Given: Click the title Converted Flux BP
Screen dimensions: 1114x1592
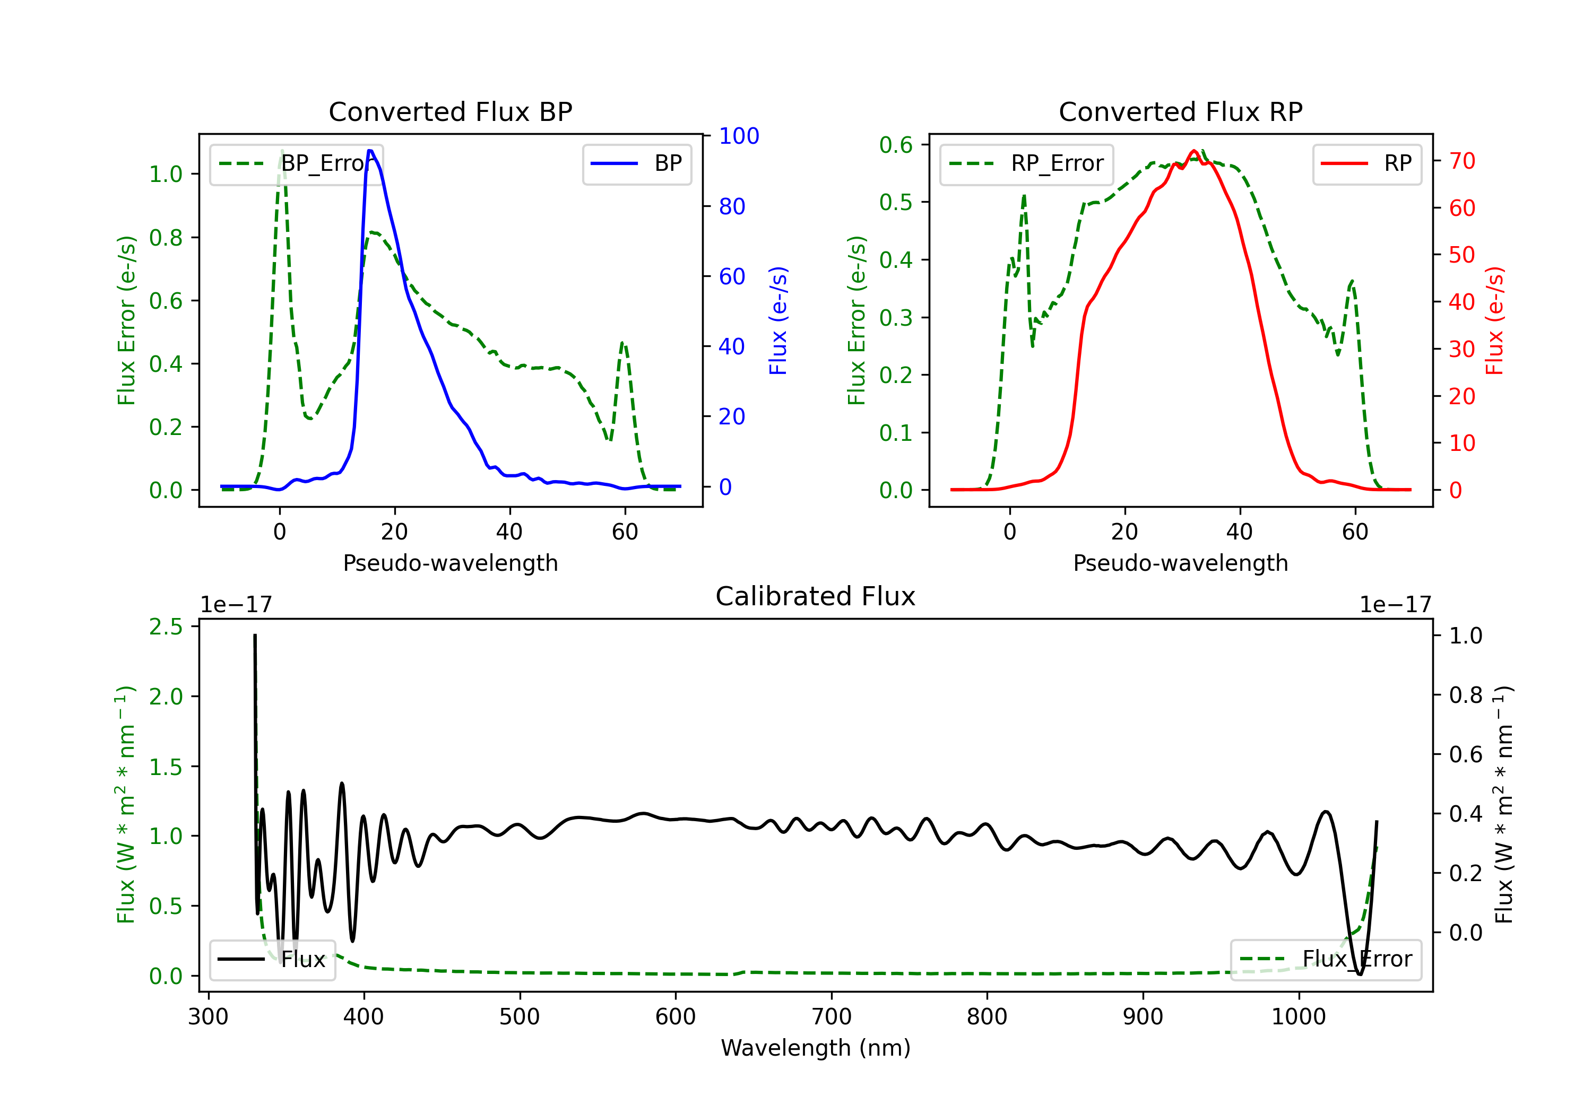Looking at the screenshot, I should tap(450, 111).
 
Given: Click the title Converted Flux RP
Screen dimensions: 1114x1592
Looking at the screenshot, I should tap(1180, 111).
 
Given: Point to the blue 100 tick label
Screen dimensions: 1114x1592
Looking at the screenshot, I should tap(739, 136).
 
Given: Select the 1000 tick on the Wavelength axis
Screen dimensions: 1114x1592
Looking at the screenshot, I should tap(1298, 1017).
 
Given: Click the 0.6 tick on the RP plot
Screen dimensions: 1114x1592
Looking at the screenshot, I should tap(896, 145).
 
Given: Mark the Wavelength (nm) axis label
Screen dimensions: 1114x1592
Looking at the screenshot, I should tap(816, 1048).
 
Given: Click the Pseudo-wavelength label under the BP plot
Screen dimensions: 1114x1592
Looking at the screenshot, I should tap(450, 563).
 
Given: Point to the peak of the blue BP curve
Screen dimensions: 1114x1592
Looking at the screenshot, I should tap(370, 151).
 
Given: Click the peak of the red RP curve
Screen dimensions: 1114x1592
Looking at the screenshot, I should tap(1194, 151).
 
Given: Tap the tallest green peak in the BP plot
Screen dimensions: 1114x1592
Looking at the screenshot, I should tap(281, 151).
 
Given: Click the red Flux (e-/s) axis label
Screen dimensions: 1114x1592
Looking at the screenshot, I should tap(1494, 320).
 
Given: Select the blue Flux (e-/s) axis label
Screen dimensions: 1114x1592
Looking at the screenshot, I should tap(778, 320).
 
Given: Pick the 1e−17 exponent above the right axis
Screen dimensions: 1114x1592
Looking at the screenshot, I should tap(1395, 605).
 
